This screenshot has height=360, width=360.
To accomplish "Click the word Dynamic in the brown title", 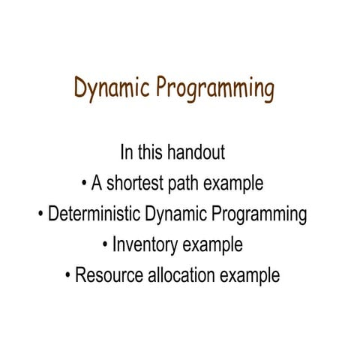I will point(112,89).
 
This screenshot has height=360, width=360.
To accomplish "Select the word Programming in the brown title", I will point(215,89).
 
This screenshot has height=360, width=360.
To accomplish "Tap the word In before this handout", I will point(127,153).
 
